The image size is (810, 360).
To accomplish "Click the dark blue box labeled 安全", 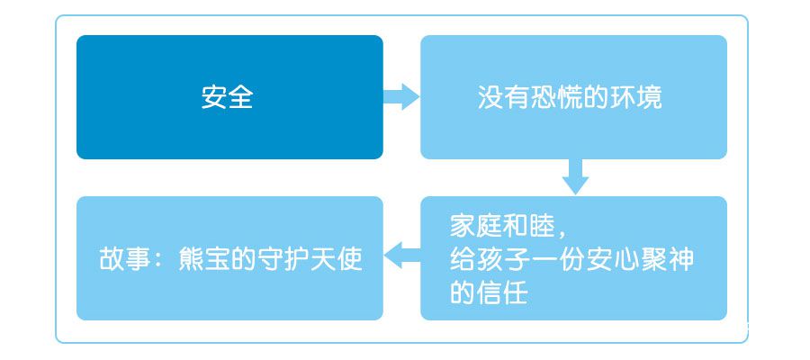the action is [229, 97].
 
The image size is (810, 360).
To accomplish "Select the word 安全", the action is [228, 97].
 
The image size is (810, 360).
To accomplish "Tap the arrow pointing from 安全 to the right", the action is [400, 96].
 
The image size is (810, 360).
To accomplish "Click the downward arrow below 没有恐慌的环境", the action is [575, 176].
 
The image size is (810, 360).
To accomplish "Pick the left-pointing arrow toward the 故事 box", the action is [402, 256].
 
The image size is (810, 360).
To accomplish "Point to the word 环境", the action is [635, 97].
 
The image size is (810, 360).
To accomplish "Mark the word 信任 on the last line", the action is [501, 292].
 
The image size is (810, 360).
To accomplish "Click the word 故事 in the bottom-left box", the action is [124, 259].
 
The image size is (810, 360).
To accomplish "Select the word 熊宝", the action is [203, 259].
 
